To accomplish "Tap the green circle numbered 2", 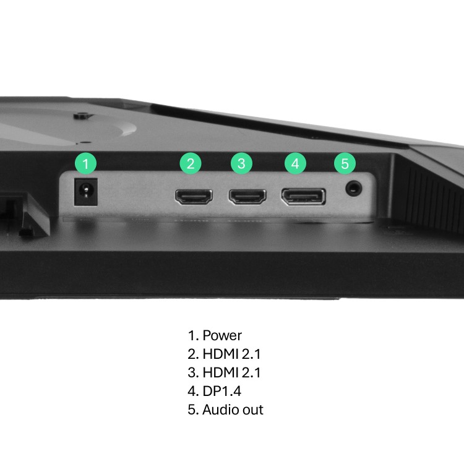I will (191, 163).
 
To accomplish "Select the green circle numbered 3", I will (241, 163).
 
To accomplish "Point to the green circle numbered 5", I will (345, 163).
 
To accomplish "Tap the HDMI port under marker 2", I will (194, 197).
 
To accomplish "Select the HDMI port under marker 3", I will (247, 197).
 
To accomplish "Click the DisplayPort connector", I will (303, 197).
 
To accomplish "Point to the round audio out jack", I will (354, 187).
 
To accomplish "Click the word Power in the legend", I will (222, 336).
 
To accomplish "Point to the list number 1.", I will (192, 336).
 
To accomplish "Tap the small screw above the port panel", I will (81, 115).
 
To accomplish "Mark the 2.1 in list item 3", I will (252, 373).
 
